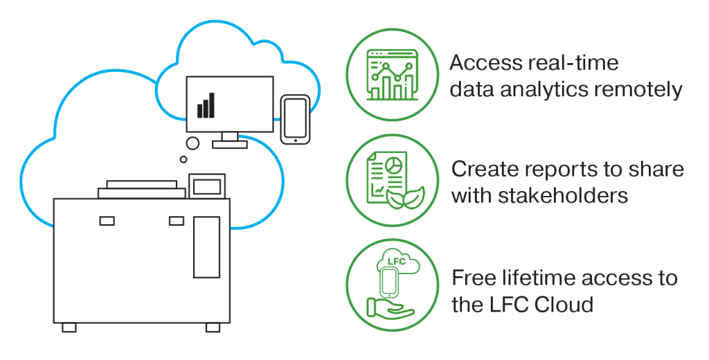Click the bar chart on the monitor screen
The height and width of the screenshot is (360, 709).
coord(206,106)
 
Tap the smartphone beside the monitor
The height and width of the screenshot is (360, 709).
coord(295,120)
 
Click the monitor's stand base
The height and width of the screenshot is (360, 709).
coord(230,144)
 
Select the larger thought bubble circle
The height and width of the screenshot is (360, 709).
coord(193,143)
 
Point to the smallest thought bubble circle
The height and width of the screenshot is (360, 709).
coord(183,159)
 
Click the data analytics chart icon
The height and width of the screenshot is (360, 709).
coord(392,75)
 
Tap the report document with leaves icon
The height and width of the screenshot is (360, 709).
coord(392,180)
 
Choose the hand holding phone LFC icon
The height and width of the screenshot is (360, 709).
coord(392,285)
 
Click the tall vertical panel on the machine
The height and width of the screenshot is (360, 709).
coord(206,246)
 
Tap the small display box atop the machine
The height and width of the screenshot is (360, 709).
coord(207,186)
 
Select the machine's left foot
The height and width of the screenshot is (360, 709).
coord(69,327)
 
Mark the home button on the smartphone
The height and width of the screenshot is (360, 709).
coord(295,140)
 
